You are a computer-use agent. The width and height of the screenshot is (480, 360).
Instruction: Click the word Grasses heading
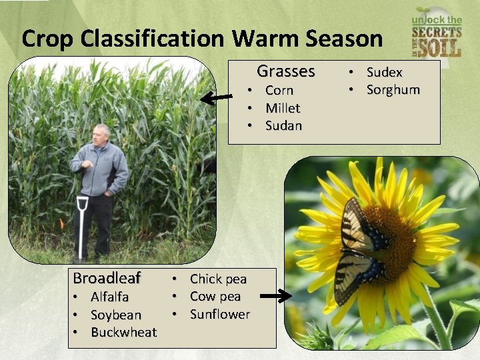(285, 71)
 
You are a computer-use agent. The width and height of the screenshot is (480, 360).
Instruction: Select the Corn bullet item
(279, 90)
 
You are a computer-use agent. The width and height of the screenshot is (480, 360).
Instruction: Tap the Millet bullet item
(283, 108)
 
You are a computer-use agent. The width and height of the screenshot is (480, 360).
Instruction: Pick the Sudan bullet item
(283, 125)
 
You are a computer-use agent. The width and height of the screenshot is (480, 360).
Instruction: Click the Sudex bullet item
(385, 72)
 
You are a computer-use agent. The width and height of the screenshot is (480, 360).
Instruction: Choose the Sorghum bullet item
(393, 89)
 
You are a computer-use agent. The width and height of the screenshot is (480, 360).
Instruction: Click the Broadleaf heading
(107, 278)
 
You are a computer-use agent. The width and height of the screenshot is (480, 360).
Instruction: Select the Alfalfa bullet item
(109, 297)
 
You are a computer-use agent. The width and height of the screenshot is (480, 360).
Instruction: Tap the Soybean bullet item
(116, 315)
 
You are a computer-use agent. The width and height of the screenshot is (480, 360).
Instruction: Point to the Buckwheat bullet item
(123, 332)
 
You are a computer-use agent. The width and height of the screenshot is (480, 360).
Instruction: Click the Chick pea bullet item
(218, 279)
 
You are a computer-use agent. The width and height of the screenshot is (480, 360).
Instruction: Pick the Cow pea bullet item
(215, 296)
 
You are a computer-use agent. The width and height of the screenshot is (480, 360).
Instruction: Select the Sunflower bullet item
(220, 314)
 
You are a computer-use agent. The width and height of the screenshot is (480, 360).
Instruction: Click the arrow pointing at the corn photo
(217, 99)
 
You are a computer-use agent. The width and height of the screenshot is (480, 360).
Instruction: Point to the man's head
(101, 133)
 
